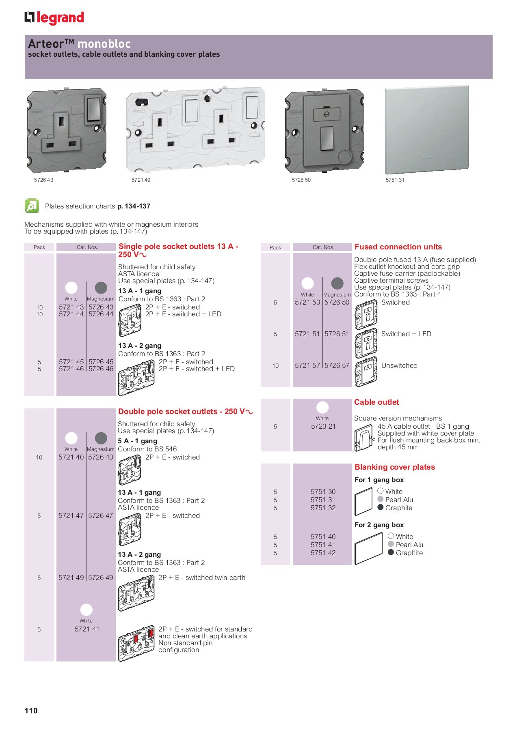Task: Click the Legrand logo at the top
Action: click(54, 18)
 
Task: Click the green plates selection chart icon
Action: click(32, 206)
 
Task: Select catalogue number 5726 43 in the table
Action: click(101, 307)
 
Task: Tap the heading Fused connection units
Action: click(398, 247)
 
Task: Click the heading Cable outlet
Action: click(376, 402)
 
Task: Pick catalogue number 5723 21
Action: click(323, 426)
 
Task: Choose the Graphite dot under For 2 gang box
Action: click(391, 552)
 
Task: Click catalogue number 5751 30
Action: click(323, 492)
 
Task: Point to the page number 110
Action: click(31, 711)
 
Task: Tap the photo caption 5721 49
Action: click(141, 180)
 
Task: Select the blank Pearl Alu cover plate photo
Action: click(426, 130)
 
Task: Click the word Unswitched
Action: click(399, 365)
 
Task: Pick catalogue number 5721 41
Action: click(87, 629)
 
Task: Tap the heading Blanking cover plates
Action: click(394, 467)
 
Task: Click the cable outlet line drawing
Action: click(363, 438)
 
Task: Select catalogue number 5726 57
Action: click(337, 365)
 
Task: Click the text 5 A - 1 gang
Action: click(137, 441)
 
